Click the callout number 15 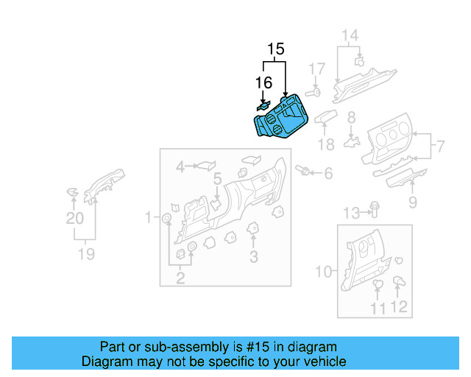[275, 49]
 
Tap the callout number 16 [263, 82]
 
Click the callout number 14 [350, 35]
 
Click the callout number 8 [351, 117]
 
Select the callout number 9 [412, 202]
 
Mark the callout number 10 [324, 272]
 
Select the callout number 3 [254, 256]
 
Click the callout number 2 [180, 278]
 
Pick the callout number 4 [180, 168]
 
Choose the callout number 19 [86, 254]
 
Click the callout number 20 [74, 219]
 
